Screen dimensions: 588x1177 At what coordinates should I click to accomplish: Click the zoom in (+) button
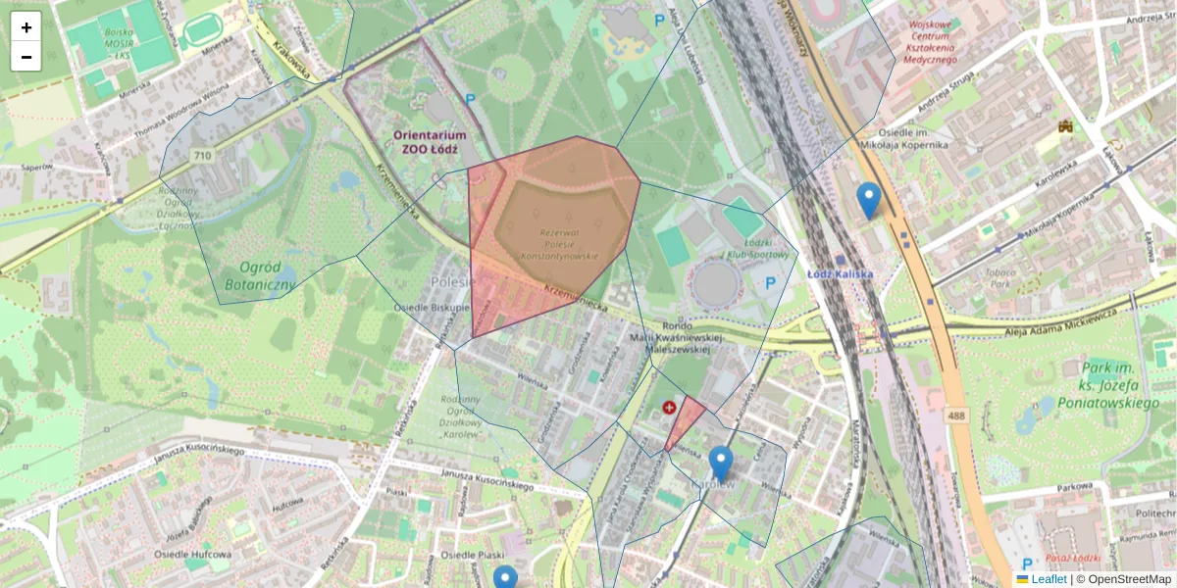(x=26, y=27)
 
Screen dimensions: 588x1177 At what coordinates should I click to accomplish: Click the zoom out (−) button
(x=26, y=57)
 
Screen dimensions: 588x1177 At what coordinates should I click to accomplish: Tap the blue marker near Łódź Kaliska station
(x=868, y=200)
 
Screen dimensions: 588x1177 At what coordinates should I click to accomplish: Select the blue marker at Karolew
(x=721, y=464)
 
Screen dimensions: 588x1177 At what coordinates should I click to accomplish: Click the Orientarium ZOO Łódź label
(x=430, y=142)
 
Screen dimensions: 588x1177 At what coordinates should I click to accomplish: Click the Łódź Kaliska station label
(x=841, y=273)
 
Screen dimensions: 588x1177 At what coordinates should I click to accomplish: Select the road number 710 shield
(x=203, y=156)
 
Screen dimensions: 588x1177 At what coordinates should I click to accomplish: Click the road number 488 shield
(x=956, y=416)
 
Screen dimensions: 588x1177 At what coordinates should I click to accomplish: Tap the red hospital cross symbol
(x=670, y=407)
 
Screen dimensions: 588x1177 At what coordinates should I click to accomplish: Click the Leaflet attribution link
(x=1048, y=579)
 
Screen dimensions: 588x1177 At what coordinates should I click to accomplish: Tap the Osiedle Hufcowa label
(x=192, y=555)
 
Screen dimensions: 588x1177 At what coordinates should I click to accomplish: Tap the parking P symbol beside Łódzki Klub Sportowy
(x=770, y=282)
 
